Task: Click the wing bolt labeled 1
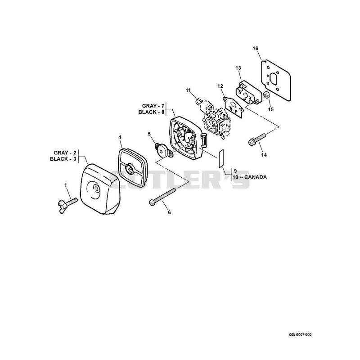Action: [x=67, y=204]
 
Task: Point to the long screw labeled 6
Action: [x=162, y=196]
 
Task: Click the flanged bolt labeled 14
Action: [x=257, y=139]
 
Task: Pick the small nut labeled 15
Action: [x=266, y=94]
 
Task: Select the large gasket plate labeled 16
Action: [x=276, y=80]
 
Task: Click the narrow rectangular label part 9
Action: [x=220, y=158]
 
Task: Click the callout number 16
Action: [x=255, y=49]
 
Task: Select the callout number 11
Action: [x=188, y=90]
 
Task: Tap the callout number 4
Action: [x=120, y=137]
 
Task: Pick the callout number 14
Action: [x=264, y=155]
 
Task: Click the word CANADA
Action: [x=256, y=177]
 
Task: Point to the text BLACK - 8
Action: [x=151, y=112]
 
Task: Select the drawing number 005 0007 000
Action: [x=300, y=334]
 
